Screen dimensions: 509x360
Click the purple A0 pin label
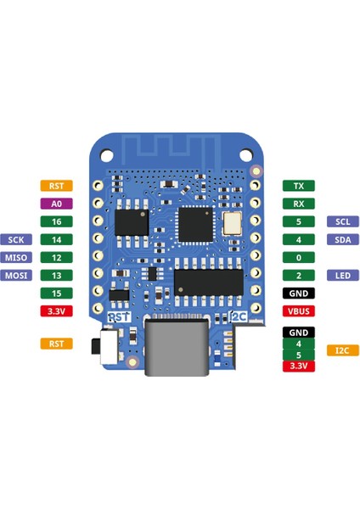(x=57, y=204)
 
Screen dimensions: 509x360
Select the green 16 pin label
(x=57, y=221)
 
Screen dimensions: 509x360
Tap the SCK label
(x=17, y=239)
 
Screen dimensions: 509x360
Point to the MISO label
(x=17, y=257)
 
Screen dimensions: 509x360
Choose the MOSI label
(x=17, y=275)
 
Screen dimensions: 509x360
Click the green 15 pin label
(x=57, y=293)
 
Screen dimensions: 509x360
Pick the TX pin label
(x=298, y=186)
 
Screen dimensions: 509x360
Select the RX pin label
(x=298, y=204)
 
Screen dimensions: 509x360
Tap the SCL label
(x=342, y=221)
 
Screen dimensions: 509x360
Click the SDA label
(x=342, y=239)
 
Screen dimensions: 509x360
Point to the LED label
(x=342, y=275)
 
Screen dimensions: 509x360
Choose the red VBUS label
(x=298, y=310)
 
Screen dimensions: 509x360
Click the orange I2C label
(x=342, y=350)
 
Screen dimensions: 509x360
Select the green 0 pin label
(x=298, y=257)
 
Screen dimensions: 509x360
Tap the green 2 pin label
(x=298, y=275)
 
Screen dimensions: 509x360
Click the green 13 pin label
(x=57, y=275)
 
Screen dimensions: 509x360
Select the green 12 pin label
(x=57, y=257)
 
